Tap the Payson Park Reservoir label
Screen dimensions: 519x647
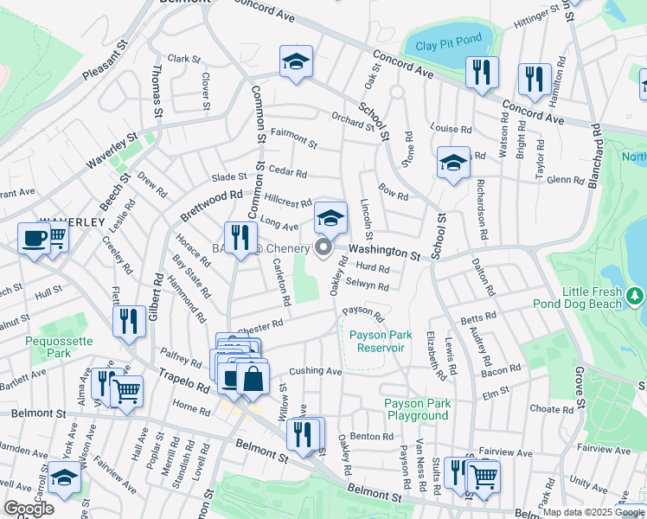pos(377,341)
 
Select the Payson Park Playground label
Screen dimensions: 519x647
pos(417,409)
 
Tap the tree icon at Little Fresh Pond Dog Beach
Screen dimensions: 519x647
pos(637,297)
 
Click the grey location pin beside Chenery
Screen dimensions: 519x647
pos(324,248)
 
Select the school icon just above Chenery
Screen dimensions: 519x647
pos(330,219)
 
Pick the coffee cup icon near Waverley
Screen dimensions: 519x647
pos(34,238)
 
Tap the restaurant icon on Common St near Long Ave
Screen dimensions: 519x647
pos(240,237)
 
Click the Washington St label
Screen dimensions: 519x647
pos(384,252)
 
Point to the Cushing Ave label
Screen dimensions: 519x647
pos(316,370)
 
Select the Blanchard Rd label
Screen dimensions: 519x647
pos(596,151)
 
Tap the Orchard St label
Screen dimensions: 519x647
pos(352,120)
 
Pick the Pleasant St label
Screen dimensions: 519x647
pos(106,60)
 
